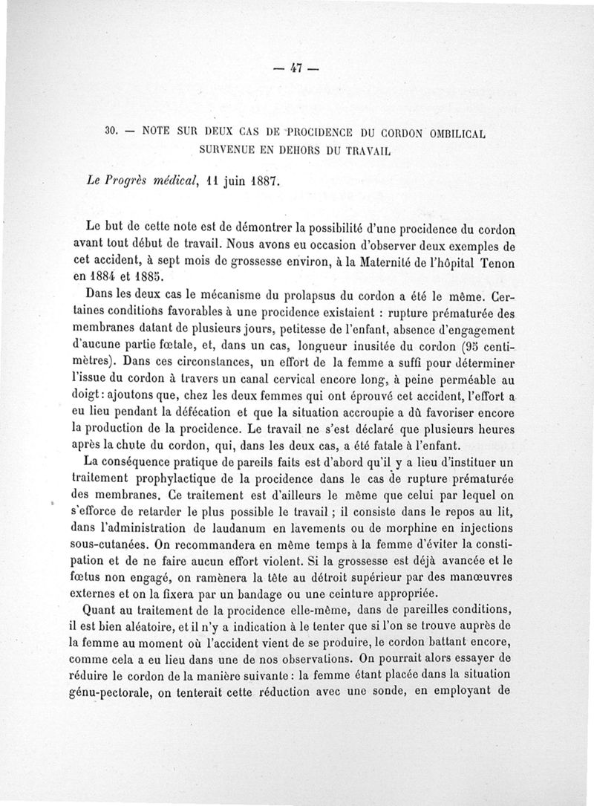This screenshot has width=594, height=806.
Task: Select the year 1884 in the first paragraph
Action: pyautogui.click(x=108, y=277)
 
